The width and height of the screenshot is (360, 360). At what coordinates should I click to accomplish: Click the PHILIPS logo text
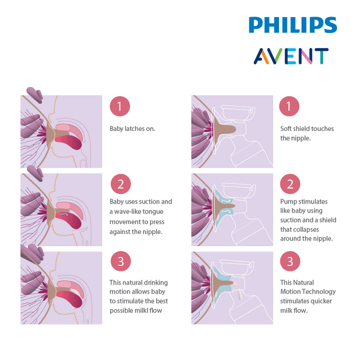pos(293,25)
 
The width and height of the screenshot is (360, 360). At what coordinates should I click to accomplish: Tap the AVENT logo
pos(290,56)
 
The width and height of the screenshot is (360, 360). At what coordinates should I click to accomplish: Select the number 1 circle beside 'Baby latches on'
pos(119,106)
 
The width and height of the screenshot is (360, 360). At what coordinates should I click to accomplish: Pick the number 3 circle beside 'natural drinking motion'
pos(120,261)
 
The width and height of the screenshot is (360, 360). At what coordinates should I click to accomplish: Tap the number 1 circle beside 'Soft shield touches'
pos(290,106)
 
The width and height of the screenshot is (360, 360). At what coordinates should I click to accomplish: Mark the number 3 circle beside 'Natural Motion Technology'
pos(290,261)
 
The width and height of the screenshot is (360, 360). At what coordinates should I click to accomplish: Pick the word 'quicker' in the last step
pos(321,301)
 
